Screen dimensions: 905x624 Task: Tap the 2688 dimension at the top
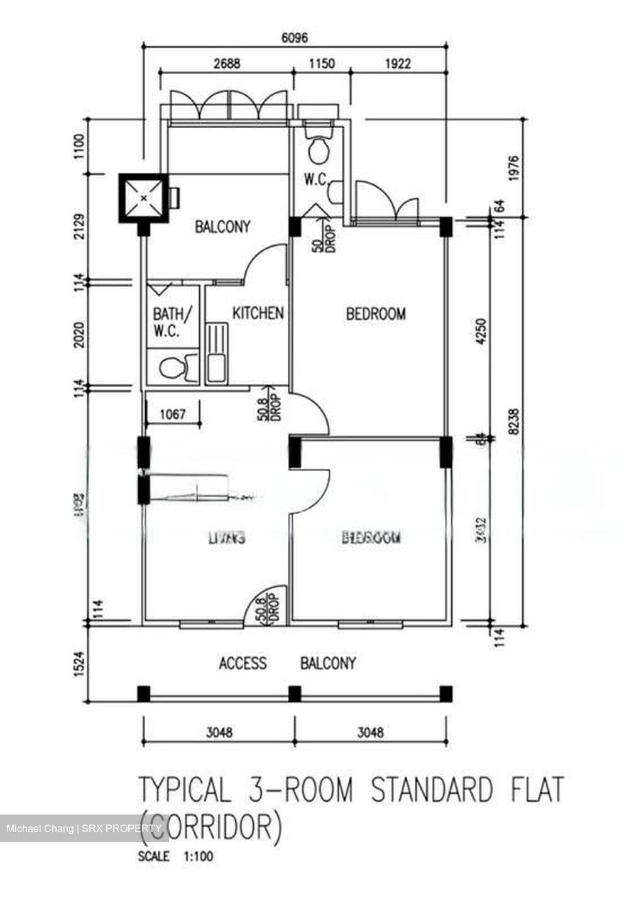click(226, 63)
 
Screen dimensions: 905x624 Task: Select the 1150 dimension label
click(320, 63)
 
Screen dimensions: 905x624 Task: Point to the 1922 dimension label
click(397, 63)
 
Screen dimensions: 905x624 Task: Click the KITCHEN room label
click(258, 313)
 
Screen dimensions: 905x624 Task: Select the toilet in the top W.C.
click(319, 150)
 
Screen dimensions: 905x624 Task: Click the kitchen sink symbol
click(216, 352)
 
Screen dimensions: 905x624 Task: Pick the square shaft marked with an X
click(145, 199)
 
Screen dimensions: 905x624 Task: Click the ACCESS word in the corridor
click(243, 663)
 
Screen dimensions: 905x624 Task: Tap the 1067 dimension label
click(173, 414)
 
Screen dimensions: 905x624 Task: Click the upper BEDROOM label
click(376, 313)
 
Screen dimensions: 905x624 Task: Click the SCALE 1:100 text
click(175, 856)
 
